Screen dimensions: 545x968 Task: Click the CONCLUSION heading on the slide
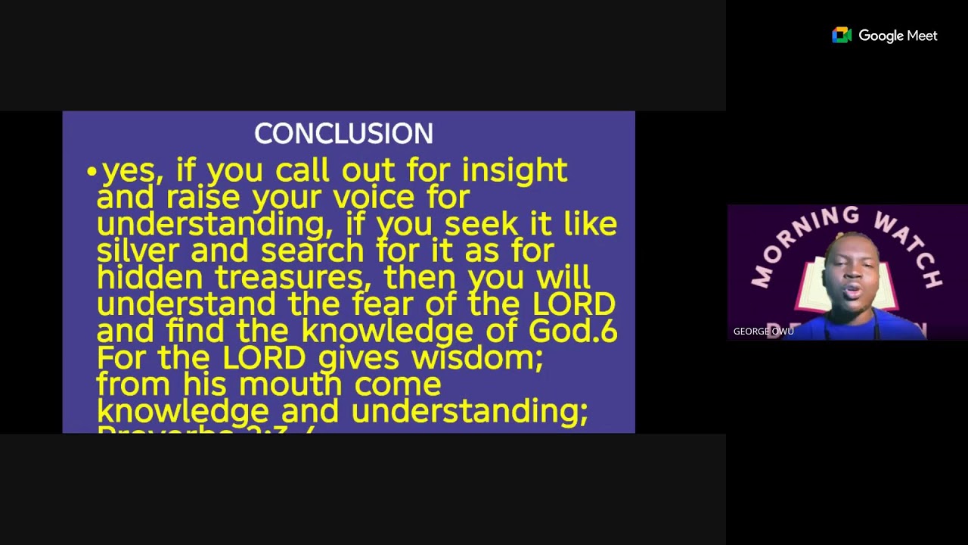click(343, 134)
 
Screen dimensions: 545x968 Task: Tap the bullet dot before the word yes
click(92, 172)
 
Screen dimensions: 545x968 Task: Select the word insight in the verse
click(514, 171)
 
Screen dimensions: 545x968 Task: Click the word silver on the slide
click(138, 251)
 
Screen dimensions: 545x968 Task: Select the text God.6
click(572, 331)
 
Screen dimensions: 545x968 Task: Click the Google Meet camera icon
click(842, 36)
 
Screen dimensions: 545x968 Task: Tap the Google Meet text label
click(898, 36)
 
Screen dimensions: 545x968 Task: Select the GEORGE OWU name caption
click(763, 332)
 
